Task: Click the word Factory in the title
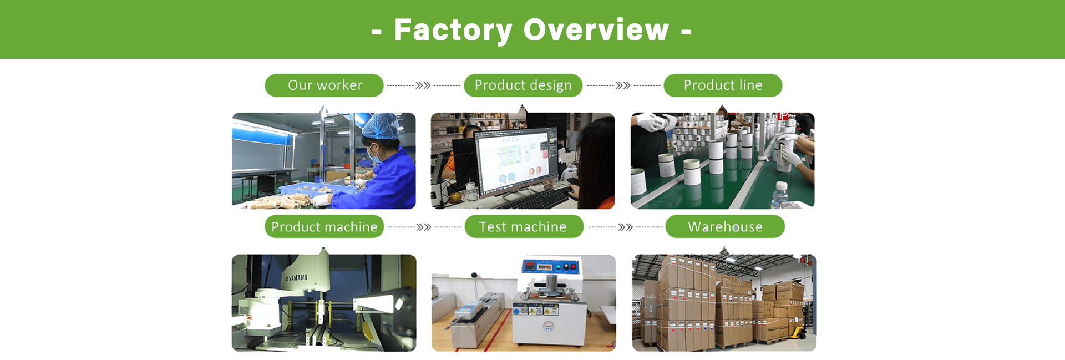click(453, 30)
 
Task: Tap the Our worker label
click(324, 85)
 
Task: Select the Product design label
click(523, 85)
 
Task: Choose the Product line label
click(723, 85)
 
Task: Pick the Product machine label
click(324, 227)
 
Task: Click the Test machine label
click(524, 227)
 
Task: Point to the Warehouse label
click(725, 227)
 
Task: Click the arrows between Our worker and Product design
click(423, 85)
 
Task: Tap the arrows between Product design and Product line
click(623, 85)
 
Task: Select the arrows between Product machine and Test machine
click(424, 227)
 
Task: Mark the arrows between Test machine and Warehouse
click(625, 227)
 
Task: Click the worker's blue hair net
click(382, 126)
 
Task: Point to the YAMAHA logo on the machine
click(296, 277)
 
